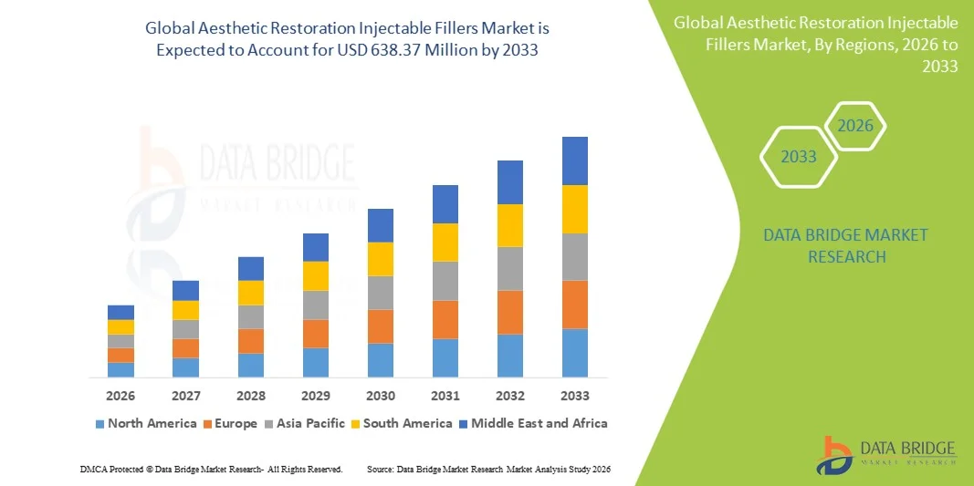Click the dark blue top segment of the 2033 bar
(x=574, y=160)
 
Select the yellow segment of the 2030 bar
(x=380, y=259)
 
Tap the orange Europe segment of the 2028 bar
(x=250, y=341)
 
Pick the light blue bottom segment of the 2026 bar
(x=120, y=369)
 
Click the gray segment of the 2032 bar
(x=509, y=268)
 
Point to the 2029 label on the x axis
(x=315, y=396)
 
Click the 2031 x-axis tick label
(x=445, y=396)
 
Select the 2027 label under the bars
(x=185, y=396)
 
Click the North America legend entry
(x=145, y=423)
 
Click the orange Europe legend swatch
(x=207, y=424)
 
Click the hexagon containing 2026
(x=855, y=126)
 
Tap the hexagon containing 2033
(x=799, y=157)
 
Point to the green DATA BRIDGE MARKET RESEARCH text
(x=845, y=245)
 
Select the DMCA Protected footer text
(x=210, y=469)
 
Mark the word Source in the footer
(x=380, y=469)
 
